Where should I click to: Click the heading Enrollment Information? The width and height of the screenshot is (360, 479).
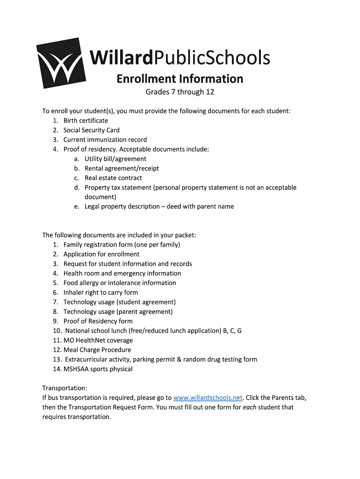[180, 78]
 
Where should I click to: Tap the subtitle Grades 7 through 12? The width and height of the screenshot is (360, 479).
[180, 92]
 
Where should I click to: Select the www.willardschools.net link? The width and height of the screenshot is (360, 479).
[208, 398]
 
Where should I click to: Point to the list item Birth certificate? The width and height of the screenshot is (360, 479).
[86, 121]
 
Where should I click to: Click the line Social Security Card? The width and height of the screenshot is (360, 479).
[91, 130]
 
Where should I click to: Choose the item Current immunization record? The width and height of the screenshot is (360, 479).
[105, 140]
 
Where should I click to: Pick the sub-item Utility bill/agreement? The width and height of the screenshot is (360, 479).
[115, 159]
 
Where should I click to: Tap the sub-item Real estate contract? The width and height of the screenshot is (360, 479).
[113, 178]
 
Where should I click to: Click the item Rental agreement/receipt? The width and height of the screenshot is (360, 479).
[122, 168]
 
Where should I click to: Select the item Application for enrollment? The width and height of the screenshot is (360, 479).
[101, 254]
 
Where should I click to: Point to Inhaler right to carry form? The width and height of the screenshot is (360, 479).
[101, 292]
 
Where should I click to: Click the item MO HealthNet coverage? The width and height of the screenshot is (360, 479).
[98, 341]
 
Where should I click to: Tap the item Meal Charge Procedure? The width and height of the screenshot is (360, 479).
[97, 350]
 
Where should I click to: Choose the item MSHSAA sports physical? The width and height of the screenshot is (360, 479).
[98, 369]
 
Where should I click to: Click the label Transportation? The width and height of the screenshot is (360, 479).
[65, 388]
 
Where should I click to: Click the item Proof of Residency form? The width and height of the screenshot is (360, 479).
[98, 321]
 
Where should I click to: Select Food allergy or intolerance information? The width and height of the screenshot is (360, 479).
[120, 283]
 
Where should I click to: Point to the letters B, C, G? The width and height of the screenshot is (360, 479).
[232, 331]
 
